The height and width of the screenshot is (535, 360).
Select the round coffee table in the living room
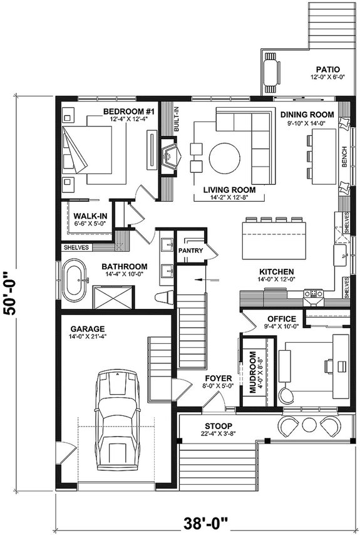(x=224, y=159)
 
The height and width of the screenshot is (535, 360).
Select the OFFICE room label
(x=281, y=319)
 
